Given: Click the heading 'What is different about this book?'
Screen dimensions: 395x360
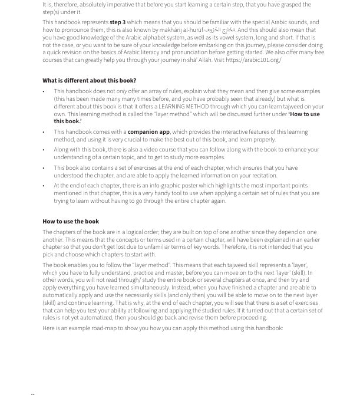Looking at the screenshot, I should pos(89,80).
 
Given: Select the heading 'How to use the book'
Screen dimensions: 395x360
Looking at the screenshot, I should pos(71,221).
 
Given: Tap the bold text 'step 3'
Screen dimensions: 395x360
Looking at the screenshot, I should pos(117,22).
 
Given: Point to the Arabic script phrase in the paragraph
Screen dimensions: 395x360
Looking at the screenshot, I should pos(223,29).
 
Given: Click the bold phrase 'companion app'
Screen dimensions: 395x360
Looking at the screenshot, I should pos(148,132).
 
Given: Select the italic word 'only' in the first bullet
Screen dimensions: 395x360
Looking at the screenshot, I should pos(121,91).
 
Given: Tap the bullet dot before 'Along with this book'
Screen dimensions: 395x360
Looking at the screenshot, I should pos(44,150).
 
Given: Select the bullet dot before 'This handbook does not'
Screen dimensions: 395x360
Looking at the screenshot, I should pos(44,92).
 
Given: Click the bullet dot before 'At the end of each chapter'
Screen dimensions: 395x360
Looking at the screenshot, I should pos(44,186).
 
